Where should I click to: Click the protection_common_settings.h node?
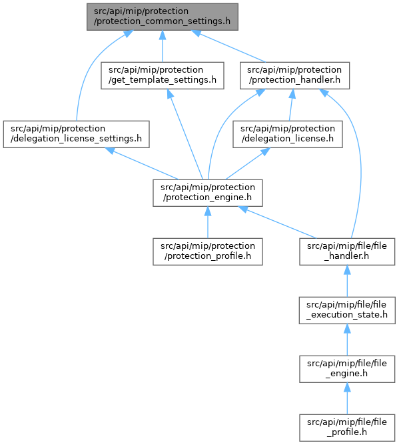coord(163,17)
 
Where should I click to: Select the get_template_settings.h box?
coord(163,75)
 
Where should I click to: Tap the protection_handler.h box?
coord(294,75)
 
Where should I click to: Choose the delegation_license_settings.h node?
coord(76,134)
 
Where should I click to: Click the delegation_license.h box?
coord(288,134)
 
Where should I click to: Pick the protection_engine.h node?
coord(208,193)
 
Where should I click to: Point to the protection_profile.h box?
coord(208,252)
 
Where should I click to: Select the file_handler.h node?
coord(347,252)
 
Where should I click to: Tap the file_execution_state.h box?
coord(347,310)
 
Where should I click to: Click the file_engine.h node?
coord(347,369)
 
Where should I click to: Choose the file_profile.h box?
coord(347,428)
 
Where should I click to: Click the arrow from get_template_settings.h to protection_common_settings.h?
coord(163,46)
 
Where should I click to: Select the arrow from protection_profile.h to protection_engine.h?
coord(208,223)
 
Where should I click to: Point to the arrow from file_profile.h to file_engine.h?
coord(347,398)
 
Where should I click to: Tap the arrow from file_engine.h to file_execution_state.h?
coord(347,340)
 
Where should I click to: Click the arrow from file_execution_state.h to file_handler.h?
coord(347,282)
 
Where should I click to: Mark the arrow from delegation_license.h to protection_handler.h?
coord(291,105)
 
